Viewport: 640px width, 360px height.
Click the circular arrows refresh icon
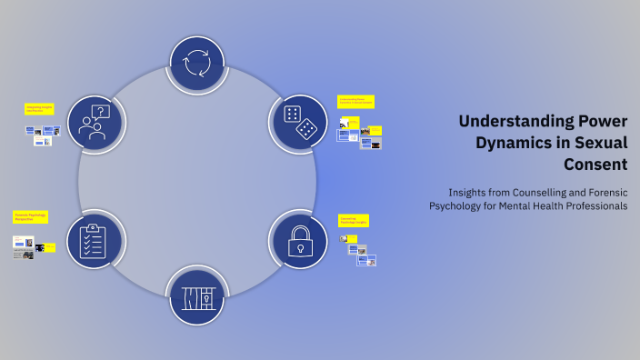click(196, 65)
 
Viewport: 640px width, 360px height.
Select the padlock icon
click(300, 240)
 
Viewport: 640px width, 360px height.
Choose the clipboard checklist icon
click(95, 240)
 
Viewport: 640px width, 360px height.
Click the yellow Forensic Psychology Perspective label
click(30, 217)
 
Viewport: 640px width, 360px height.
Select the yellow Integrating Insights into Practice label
click(40, 108)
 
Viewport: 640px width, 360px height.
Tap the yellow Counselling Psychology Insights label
click(353, 220)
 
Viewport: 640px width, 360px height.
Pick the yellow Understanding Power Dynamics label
click(355, 101)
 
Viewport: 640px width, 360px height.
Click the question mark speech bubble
click(102, 113)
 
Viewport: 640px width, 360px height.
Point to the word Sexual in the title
click(604, 143)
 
